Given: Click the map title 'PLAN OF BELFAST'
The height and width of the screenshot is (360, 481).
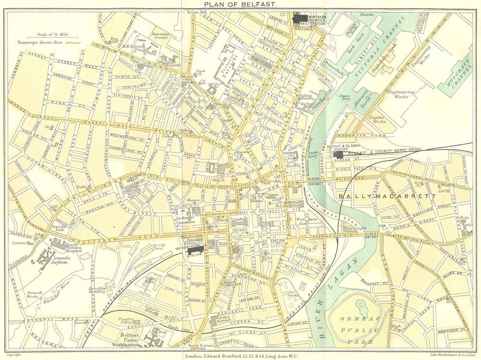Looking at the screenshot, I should click(x=240, y=4).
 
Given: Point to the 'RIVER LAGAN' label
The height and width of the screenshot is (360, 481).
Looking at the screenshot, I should click(x=331, y=298).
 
